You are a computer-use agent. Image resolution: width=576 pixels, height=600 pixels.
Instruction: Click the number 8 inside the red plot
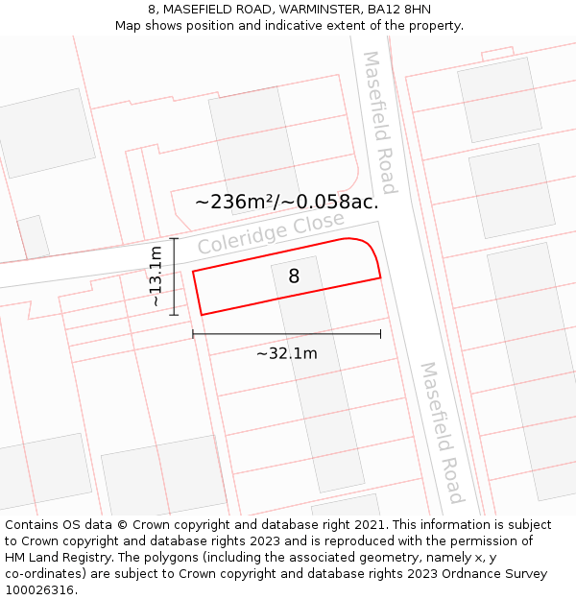click(x=294, y=276)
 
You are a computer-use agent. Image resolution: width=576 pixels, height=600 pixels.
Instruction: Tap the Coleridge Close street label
click(x=271, y=233)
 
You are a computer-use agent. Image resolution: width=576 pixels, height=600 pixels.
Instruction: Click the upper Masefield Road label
click(x=379, y=109)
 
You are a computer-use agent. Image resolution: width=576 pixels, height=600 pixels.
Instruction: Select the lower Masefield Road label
click(x=443, y=432)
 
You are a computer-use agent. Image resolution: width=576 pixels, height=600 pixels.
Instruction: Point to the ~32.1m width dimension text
click(x=286, y=353)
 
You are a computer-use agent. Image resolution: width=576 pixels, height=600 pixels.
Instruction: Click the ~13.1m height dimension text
click(x=156, y=276)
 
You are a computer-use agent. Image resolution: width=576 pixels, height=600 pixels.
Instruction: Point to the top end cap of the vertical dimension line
click(x=174, y=238)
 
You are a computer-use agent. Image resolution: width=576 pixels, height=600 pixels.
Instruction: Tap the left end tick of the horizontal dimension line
click(x=193, y=334)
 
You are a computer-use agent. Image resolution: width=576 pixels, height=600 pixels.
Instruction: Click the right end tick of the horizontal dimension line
click(x=381, y=334)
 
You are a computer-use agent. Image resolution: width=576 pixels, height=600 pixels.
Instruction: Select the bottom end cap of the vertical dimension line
click(x=174, y=314)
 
